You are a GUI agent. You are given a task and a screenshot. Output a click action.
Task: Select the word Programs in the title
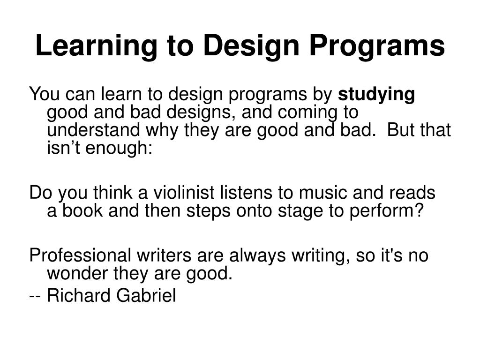[x=377, y=46]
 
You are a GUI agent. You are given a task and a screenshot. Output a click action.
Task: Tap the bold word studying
[x=376, y=95]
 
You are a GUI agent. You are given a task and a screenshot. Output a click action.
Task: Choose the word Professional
[x=80, y=255]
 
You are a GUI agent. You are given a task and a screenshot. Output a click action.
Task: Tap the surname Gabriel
[x=146, y=295]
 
